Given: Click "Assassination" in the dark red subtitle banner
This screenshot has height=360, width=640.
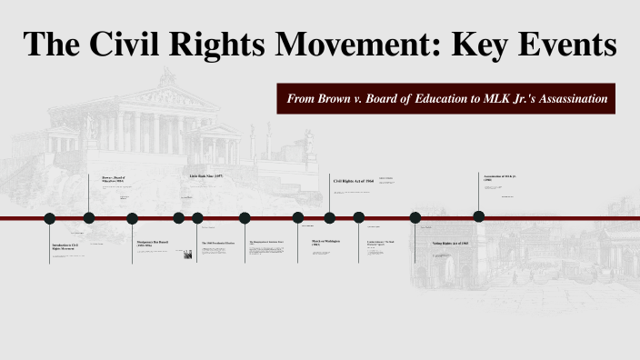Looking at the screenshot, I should (x=565, y=98).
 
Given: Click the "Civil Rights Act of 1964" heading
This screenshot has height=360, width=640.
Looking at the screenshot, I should (x=353, y=181).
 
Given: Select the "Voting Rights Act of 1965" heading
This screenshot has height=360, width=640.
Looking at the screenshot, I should (x=449, y=244).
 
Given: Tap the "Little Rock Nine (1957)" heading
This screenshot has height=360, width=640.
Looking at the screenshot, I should (x=205, y=175).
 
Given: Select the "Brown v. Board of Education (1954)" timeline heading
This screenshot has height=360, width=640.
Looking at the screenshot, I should (x=106, y=179).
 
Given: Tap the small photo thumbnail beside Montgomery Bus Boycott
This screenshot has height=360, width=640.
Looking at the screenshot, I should (x=187, y=255).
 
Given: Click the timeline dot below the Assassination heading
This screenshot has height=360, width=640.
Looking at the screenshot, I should (x=479, y=216).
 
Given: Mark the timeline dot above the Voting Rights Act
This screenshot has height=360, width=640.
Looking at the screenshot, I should (x=415, y=217).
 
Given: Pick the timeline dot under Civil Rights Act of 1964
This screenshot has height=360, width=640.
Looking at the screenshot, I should (x=329, y=217).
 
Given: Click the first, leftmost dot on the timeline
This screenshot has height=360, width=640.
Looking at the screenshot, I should (x=50, y=217).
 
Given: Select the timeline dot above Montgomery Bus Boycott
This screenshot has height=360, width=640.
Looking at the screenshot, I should (x=132, y=217).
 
